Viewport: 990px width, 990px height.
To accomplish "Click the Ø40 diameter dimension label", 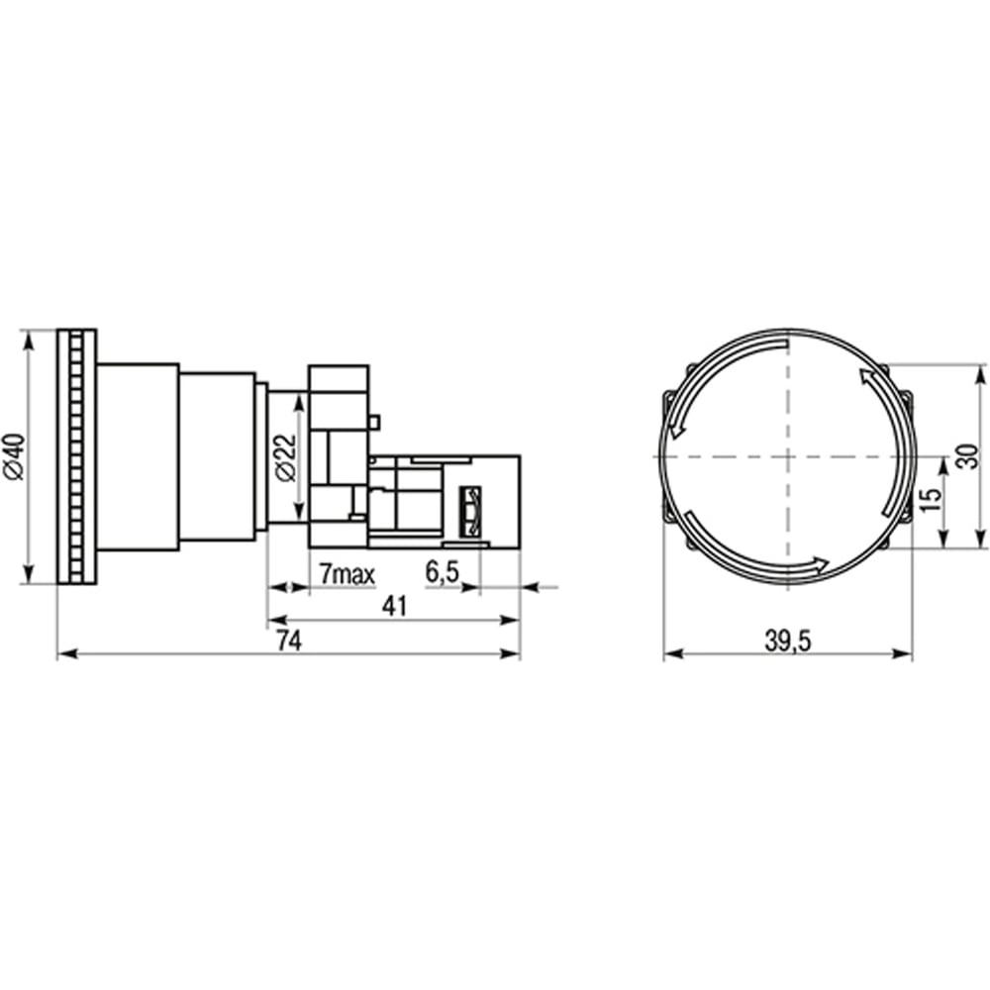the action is click(x=14, y=456).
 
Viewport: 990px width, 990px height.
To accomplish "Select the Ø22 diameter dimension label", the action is click(x=286, y=457).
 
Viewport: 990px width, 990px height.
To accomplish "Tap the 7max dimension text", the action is click(x=346, y=574).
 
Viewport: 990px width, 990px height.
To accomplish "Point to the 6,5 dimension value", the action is click(x=442, y=572).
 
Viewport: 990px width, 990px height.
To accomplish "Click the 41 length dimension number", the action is click(x=395, y=607).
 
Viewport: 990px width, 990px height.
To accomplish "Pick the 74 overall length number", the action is click(x=290, y=642).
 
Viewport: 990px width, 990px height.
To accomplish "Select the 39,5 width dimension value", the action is click(x=787, y=642).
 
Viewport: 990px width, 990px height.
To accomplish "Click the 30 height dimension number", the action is click(x=965, y=456).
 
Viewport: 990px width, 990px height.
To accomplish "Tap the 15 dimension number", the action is click(x=932, y=499).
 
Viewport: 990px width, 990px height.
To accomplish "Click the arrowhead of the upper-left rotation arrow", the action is click(x=676, y=430).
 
